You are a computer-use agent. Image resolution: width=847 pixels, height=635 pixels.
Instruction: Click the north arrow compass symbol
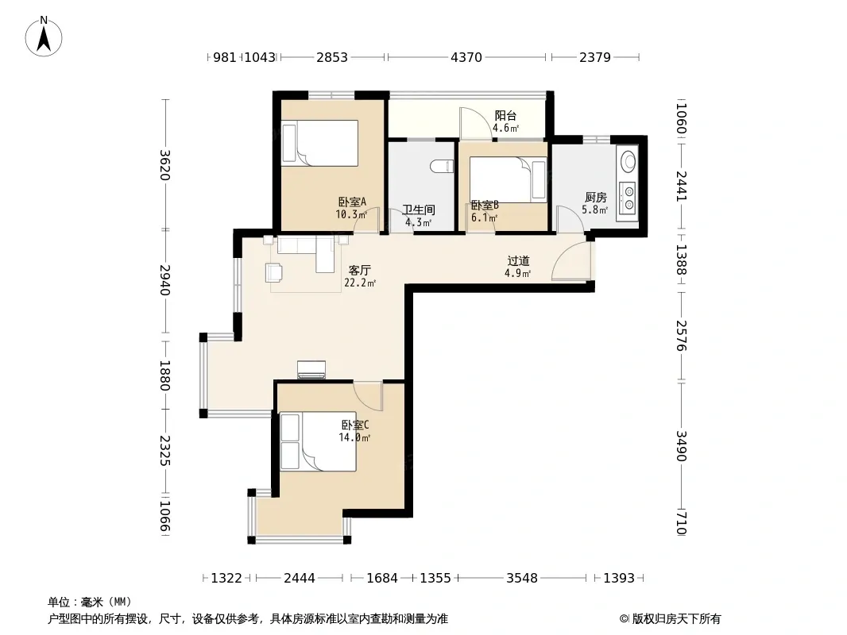[44, 37]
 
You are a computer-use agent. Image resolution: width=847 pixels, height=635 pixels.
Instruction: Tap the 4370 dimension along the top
[466, 57]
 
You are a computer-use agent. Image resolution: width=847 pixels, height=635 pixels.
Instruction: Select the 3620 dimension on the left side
[164, 164]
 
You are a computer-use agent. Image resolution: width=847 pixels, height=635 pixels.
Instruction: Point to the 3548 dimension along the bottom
[522, 579]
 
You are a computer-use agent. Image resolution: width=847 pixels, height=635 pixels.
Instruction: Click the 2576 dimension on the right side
[681, 336]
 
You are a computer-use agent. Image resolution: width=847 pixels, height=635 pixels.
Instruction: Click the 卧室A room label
[352, 202]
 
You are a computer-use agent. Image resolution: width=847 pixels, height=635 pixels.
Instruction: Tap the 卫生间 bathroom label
[419, 210]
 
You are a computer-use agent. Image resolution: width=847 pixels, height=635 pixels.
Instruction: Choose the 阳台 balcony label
[505, 115]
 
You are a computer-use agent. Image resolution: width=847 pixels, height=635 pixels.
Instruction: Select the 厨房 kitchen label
[595, 198]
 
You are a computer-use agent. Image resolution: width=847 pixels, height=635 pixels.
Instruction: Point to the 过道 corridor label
[518, 261]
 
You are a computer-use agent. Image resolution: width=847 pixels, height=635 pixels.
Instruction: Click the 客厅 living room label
[360, 271]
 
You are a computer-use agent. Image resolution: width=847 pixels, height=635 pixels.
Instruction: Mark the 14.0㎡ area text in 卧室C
[354, 437]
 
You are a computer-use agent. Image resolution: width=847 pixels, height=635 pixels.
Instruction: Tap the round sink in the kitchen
[628, 161]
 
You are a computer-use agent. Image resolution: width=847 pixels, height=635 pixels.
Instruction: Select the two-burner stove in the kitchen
[628, 196]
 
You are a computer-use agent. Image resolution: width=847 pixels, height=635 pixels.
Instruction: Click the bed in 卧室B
[508, 179]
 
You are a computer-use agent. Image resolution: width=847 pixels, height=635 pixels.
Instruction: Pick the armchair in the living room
[274, 272]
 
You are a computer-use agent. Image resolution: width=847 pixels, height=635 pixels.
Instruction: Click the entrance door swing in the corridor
[571, 260]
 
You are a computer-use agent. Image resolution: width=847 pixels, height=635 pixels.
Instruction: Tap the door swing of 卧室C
[368, 395]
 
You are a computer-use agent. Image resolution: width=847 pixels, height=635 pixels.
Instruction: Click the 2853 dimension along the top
[331, 57]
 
